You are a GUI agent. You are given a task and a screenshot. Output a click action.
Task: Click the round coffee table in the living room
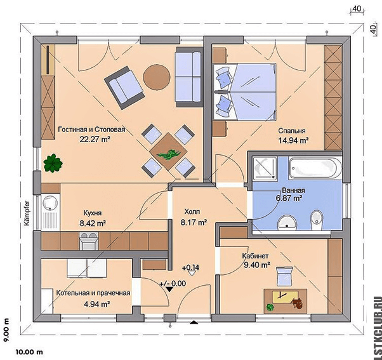pyautogui.click(x=156, y=77)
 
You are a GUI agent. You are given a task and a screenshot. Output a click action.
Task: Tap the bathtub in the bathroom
pyautogui.click(x=315, y=168)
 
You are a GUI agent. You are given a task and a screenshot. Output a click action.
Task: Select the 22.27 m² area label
pyautogui.click(x=95, y=139)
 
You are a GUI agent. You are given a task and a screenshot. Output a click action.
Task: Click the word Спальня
pyautogui.click(x=292, y=131)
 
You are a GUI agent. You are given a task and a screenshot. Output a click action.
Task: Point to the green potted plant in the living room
pyautogui.click(x=53, y=163)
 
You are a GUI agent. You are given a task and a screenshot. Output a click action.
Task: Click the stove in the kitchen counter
pyautogui.click(x=89, y=241)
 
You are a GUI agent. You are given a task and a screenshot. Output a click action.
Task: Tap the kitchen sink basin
pyautogui.click(x=50, y=202)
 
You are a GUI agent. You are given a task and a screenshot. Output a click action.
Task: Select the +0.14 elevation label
pyautogui.click(x=190, y=268)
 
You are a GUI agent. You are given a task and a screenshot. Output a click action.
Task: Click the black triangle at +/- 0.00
pyautogui.click(x=169, y=290)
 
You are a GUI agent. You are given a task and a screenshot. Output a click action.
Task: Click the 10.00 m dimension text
pyautogui.click(x=29, y=352)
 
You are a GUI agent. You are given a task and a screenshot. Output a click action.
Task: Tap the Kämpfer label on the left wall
pyautogui.click(x=27, y=213)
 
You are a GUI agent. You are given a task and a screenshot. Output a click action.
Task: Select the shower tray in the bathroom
pyautogui.click(x=265, y=168)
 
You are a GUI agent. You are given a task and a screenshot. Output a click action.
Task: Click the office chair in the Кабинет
pyautogui.click(x=284, y=276)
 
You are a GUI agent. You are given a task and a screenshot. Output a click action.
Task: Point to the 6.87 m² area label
pyautogui.click(x=289, y=198)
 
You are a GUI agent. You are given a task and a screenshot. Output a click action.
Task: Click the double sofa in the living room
pyautogui.click(x=189, y=77)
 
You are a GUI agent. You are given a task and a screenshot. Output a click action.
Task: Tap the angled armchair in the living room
pyautogui.click(x=124, y=88)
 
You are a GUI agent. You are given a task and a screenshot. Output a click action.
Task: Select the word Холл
pyautogui.click(x=192, y=211)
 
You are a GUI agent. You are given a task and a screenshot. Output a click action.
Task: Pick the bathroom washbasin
pyautogui.click(x=287, y=222)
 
